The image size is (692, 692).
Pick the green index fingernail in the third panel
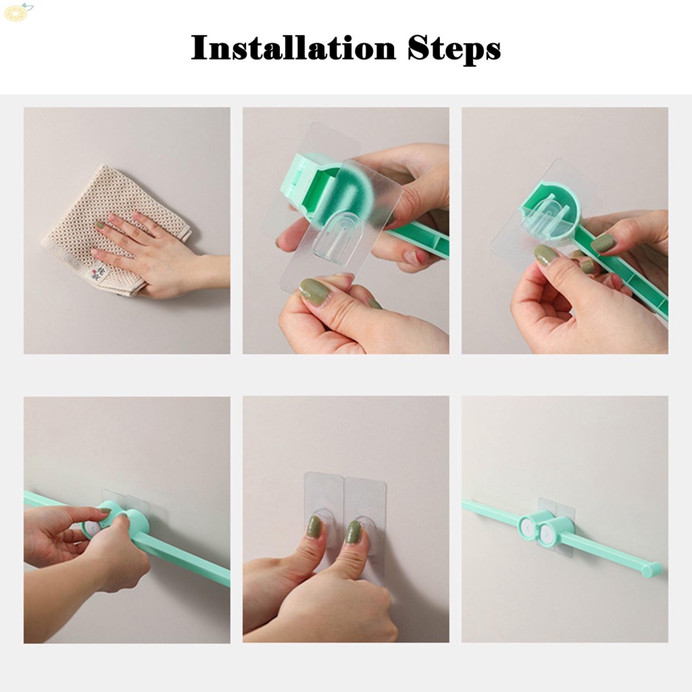click(546, 255)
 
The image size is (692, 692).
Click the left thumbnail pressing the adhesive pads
click(314, 526)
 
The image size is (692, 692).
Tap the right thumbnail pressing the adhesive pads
click(353, 531)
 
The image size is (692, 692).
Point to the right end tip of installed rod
click(651, 570)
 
